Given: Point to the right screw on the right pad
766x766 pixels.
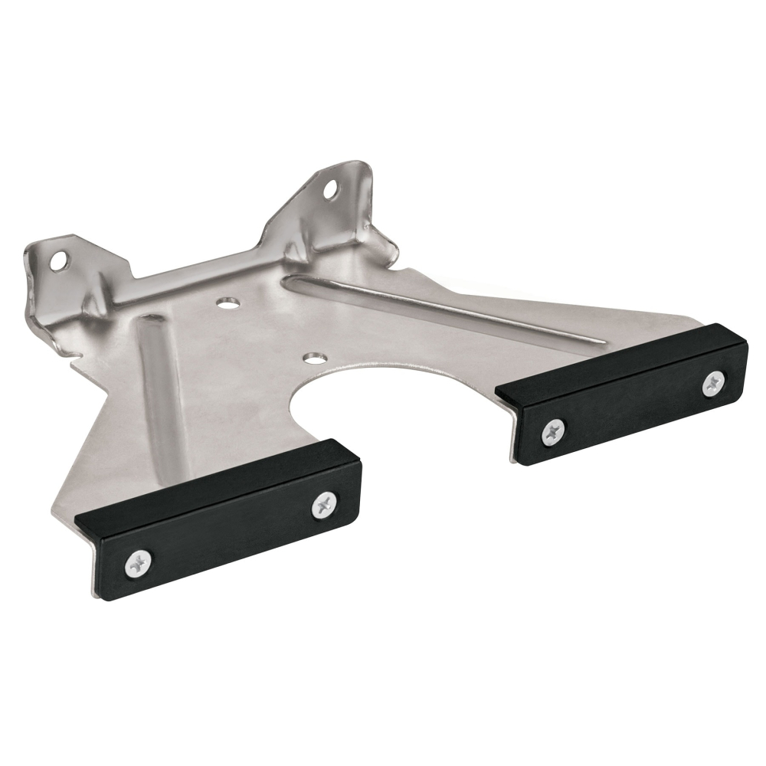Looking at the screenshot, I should pyautogui.click(x=714, y=382).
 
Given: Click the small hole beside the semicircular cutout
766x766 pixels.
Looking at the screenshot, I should pyautogui.click(x=312, y=358).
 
